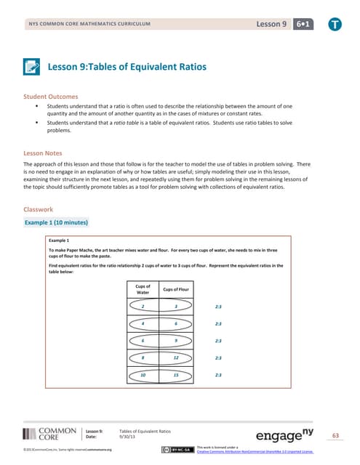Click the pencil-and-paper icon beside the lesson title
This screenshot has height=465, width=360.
33,68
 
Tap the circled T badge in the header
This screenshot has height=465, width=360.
332,24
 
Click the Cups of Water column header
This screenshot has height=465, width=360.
143,289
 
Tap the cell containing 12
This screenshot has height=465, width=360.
175,357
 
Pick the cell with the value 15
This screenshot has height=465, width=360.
175,375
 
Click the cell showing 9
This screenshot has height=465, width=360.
175,340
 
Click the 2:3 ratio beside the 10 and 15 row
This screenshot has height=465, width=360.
219,375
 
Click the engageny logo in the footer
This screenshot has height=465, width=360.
281,435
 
